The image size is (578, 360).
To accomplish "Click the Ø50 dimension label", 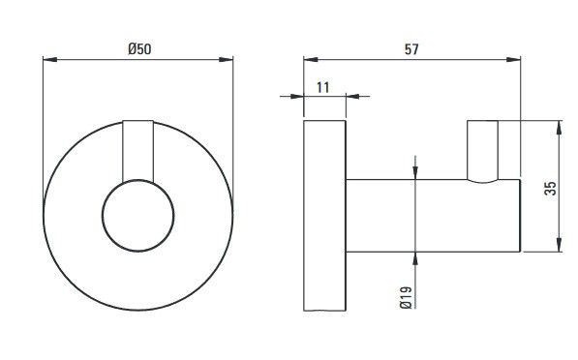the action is (139, 49).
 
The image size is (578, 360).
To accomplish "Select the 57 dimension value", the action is (411, 49).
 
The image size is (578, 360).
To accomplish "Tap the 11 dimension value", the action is (323, 88).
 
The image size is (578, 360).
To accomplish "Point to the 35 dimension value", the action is (550, 189).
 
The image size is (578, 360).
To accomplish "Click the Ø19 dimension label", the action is (406, 297).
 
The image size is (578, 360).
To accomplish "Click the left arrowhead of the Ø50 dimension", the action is (50, 59).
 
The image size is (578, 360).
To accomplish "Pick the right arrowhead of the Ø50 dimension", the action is (226, 59).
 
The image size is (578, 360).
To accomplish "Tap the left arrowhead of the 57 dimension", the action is (311, 59).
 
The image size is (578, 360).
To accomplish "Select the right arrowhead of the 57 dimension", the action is (513, 59).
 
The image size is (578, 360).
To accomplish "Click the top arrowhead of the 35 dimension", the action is (560, 128).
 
